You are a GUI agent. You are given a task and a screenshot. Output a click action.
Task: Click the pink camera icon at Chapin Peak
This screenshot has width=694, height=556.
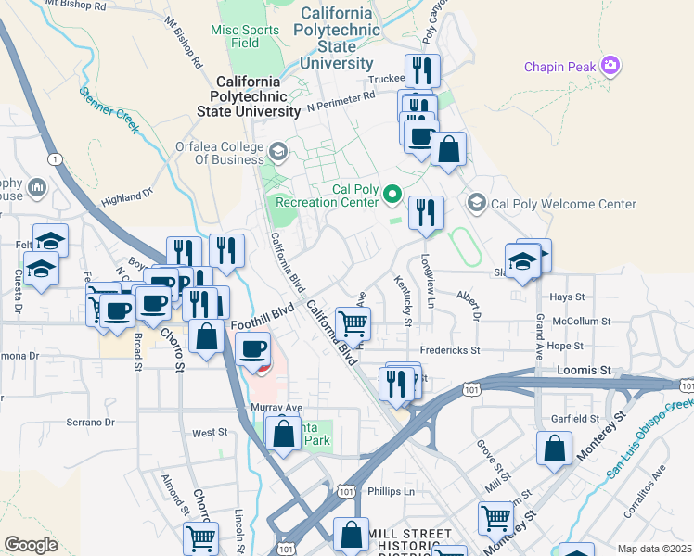point(610,65)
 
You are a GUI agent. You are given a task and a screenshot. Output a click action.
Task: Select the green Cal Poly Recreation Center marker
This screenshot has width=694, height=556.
point(392,195)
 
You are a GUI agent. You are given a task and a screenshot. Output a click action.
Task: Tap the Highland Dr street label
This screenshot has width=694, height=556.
point(126,197)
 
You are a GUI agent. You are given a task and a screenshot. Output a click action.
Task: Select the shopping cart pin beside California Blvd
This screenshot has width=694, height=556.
point(353,324)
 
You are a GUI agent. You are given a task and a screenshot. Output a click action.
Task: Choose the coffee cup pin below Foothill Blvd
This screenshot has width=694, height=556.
point(253,349)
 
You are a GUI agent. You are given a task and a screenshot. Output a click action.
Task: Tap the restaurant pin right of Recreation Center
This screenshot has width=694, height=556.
point(426,212)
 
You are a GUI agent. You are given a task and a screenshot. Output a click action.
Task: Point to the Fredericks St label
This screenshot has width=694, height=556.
point(449,351)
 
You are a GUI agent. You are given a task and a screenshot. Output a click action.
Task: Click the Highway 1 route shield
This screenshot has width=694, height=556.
point(56,159)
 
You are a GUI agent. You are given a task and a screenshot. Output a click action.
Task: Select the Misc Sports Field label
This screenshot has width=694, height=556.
point(247,36)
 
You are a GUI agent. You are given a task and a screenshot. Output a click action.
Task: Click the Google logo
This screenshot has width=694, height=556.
point(31,545)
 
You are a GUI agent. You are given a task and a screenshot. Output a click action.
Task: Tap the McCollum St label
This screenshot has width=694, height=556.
point(580,322)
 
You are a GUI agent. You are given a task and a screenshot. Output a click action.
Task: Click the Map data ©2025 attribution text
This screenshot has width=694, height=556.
point(655,549)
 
